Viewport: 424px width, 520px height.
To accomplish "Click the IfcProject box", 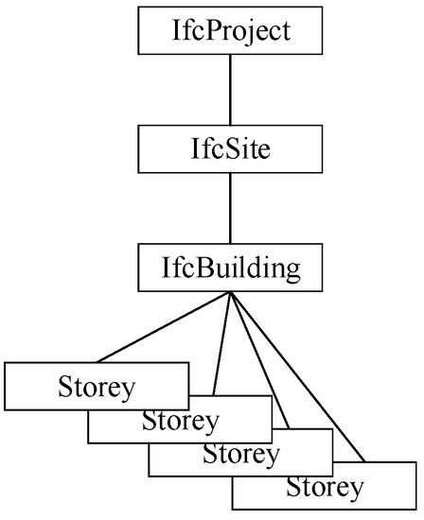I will point(231,30).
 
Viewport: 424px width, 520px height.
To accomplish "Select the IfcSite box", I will point(231,149).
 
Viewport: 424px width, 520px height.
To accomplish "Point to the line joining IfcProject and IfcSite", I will point(231,90).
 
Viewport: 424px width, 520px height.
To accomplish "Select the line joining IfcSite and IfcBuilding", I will point(231,208).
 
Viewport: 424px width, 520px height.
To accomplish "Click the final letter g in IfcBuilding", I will point(291,270).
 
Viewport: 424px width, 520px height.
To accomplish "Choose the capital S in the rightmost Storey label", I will point(292,488).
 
